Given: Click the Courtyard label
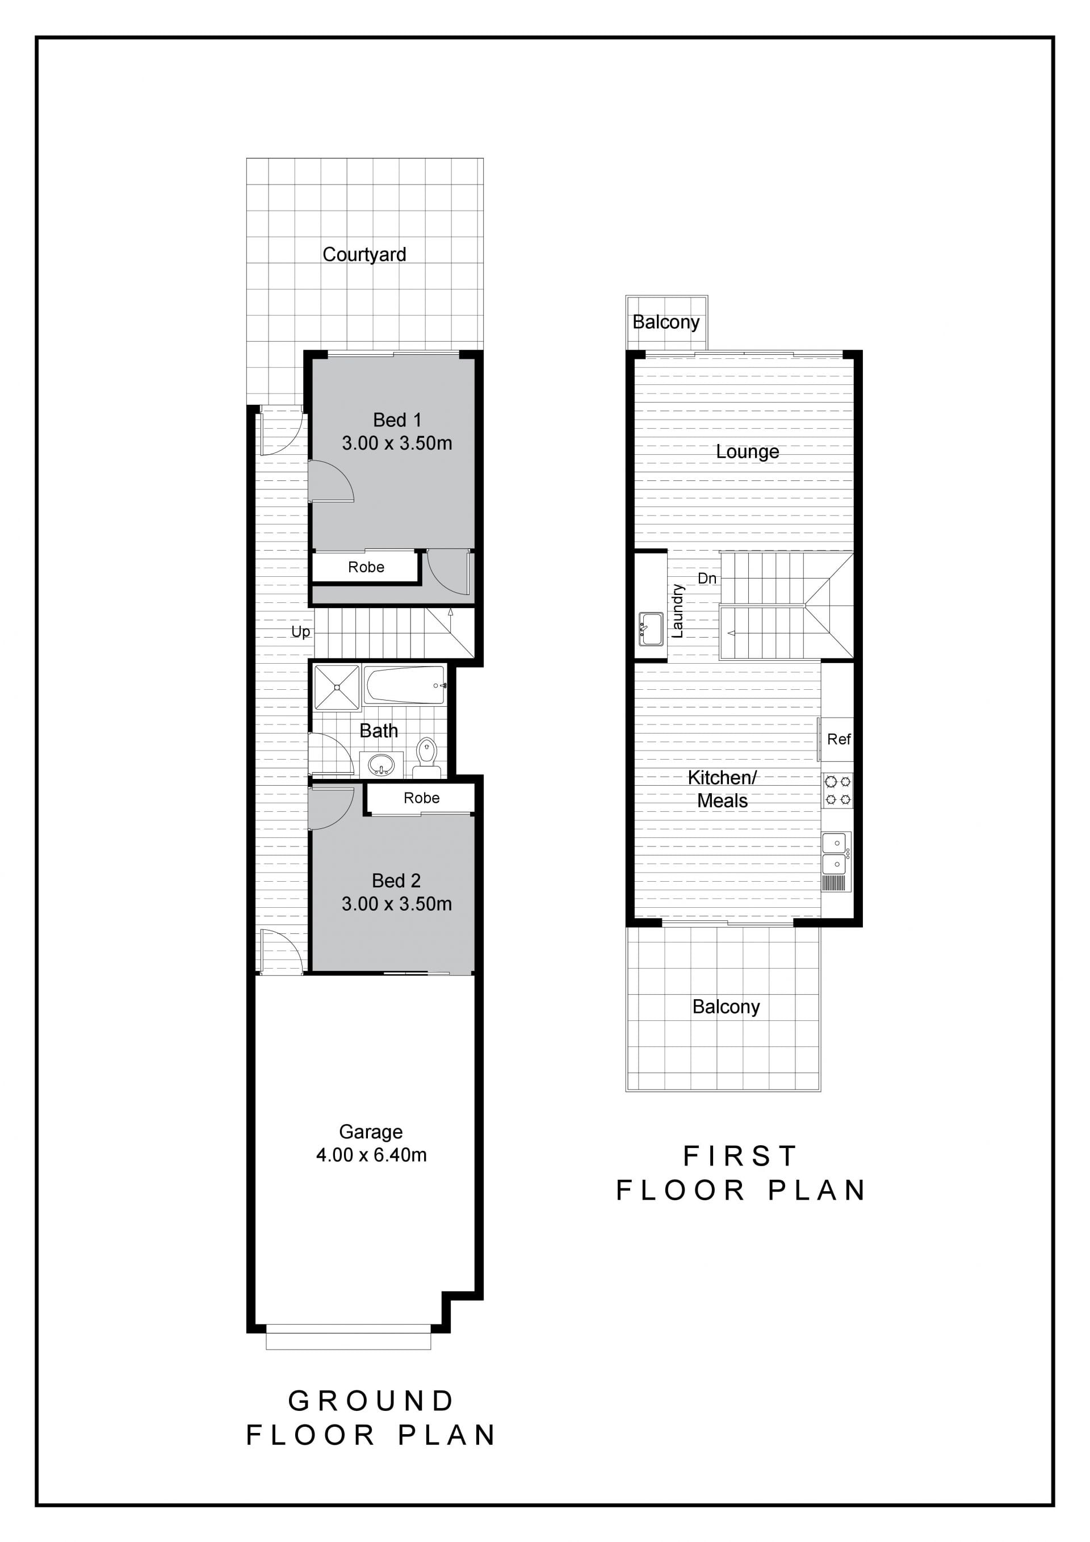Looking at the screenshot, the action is click(x=364, y=254).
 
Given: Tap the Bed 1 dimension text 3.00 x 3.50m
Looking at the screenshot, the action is click(x=397, y=443).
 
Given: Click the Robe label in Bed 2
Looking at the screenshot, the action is click(x=422, y=798).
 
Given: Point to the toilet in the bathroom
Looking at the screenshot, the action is click(x=426, y=759).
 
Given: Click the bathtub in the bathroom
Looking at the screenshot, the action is click(x=404, y=685).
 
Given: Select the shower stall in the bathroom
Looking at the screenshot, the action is click(x=337, y=687).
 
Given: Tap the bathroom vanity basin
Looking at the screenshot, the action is click(x=381, y=764).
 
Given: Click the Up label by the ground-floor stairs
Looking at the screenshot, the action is click(x=301, y=632).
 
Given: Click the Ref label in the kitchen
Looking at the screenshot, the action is click(x=839, y=739).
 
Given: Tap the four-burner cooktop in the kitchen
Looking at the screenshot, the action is click(x=837, y=790).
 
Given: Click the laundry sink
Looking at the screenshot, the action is click(x=651, y=628).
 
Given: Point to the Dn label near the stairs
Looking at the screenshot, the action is click(x=707, y=578).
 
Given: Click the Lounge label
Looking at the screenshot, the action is click(x=748, y=452).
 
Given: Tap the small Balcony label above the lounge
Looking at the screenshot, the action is click(x=666, y=322).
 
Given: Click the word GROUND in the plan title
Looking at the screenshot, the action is click(x=371, y=1401).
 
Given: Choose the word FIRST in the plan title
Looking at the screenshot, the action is click(x=740, y=1156).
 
